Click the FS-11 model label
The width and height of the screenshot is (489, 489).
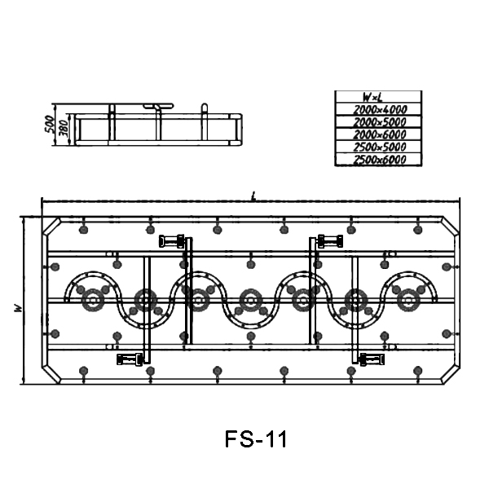[255, 439]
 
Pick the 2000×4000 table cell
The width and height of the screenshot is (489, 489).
[380, 109]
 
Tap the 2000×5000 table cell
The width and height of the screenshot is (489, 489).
[380, 122]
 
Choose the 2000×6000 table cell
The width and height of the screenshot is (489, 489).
[380, 134]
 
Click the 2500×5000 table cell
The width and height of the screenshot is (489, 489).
[380, 147]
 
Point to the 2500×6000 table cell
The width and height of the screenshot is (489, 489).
[380, 160]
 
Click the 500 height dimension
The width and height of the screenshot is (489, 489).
[49, 124]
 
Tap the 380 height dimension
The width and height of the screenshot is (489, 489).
[64, 128]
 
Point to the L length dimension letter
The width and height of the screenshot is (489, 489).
[253, 196]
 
